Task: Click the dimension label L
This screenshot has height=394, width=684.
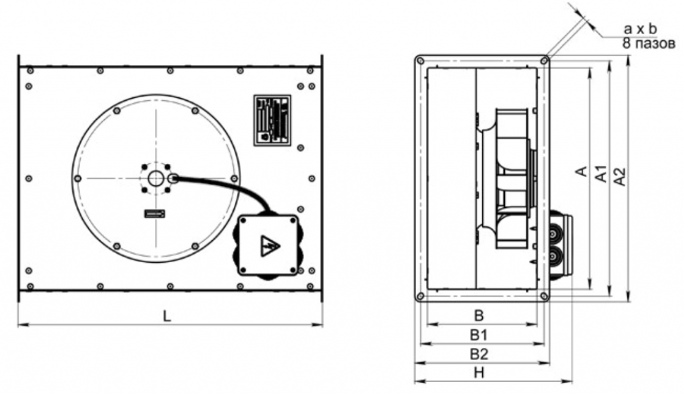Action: (166, 316)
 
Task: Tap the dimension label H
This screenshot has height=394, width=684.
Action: (479, 373)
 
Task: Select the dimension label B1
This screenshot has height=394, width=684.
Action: (478, 335)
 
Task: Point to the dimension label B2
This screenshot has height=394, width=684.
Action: (479, 354)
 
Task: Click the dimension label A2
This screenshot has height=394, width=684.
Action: (619, 177)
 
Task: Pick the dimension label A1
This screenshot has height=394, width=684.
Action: (601, 173)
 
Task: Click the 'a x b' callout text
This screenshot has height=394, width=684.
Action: (640, 29)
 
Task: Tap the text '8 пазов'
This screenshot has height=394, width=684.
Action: (649, 43)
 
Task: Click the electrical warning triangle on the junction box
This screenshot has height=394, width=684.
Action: (269, 246)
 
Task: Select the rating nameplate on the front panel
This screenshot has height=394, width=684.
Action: (273, 120)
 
